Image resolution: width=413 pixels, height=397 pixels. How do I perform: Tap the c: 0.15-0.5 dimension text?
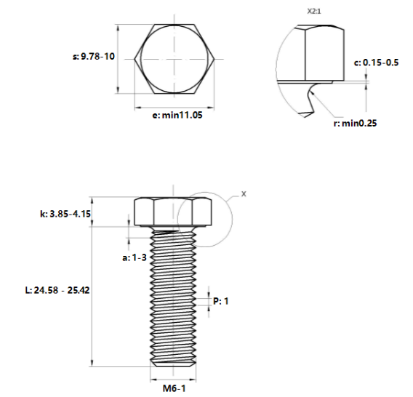[376, 63]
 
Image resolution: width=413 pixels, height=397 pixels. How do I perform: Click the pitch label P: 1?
[221, 300]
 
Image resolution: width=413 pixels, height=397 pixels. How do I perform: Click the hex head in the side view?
[173, 212]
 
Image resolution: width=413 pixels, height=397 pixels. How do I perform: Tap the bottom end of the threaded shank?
[173, 363]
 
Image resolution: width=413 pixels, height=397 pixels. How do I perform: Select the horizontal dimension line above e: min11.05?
[173, 106]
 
